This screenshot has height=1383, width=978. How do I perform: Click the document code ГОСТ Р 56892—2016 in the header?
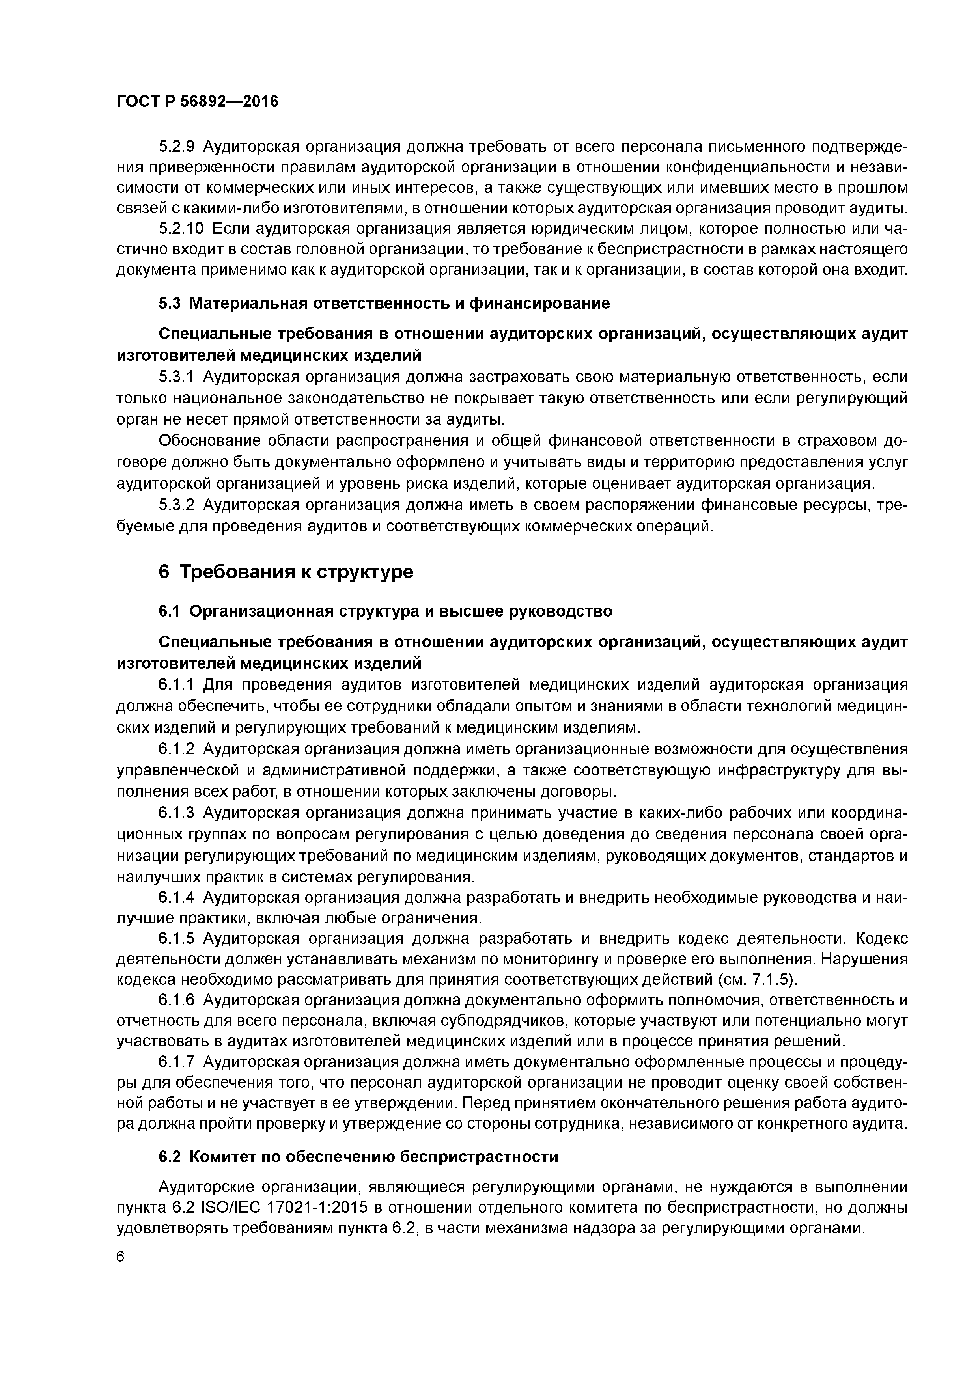tap(197, 102)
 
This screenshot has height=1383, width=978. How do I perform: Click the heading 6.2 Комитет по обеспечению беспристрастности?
tap(358, 1157)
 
